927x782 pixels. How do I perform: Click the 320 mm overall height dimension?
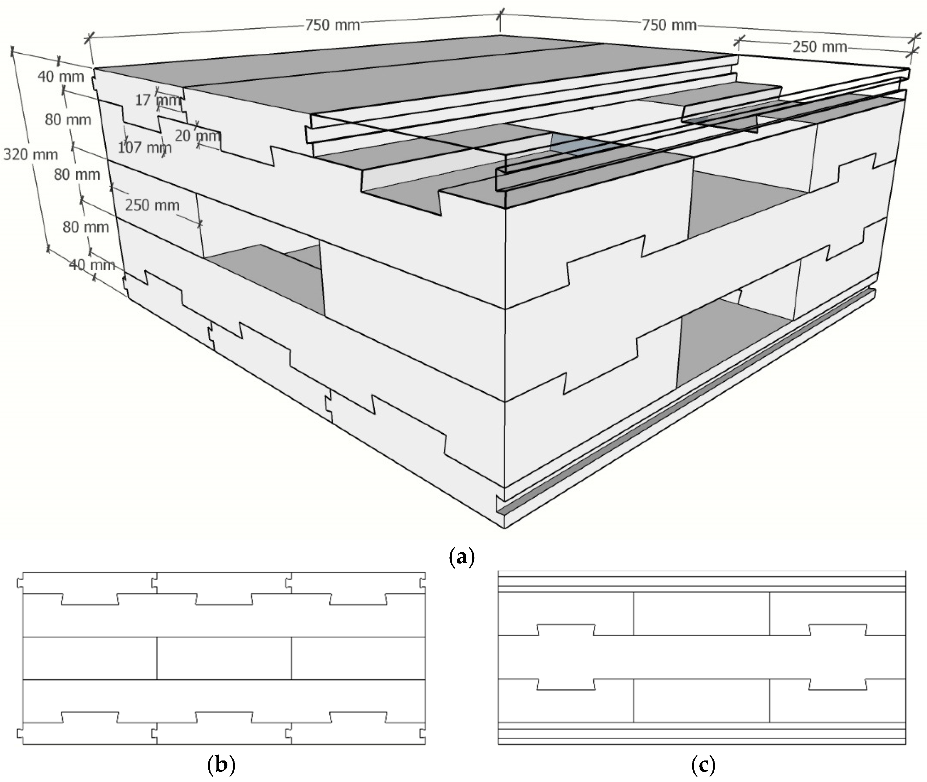(x=31, y=155)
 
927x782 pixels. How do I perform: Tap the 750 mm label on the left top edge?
(x=332, y=25)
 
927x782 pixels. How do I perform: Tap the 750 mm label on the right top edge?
(x=669, y=25)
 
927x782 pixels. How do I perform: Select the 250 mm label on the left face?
(x=152, y=205)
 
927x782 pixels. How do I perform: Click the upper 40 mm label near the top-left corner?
(x=61, y=77)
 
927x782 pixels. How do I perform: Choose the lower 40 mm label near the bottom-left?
(x=92, y=265)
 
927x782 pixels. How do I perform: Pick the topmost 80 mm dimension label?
(x=68, y=120)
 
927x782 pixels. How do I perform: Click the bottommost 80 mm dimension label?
(x=85, y=227)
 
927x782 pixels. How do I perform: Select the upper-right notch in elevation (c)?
(x=837, y=629)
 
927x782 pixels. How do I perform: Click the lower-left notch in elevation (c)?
(x=565, y=684)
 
